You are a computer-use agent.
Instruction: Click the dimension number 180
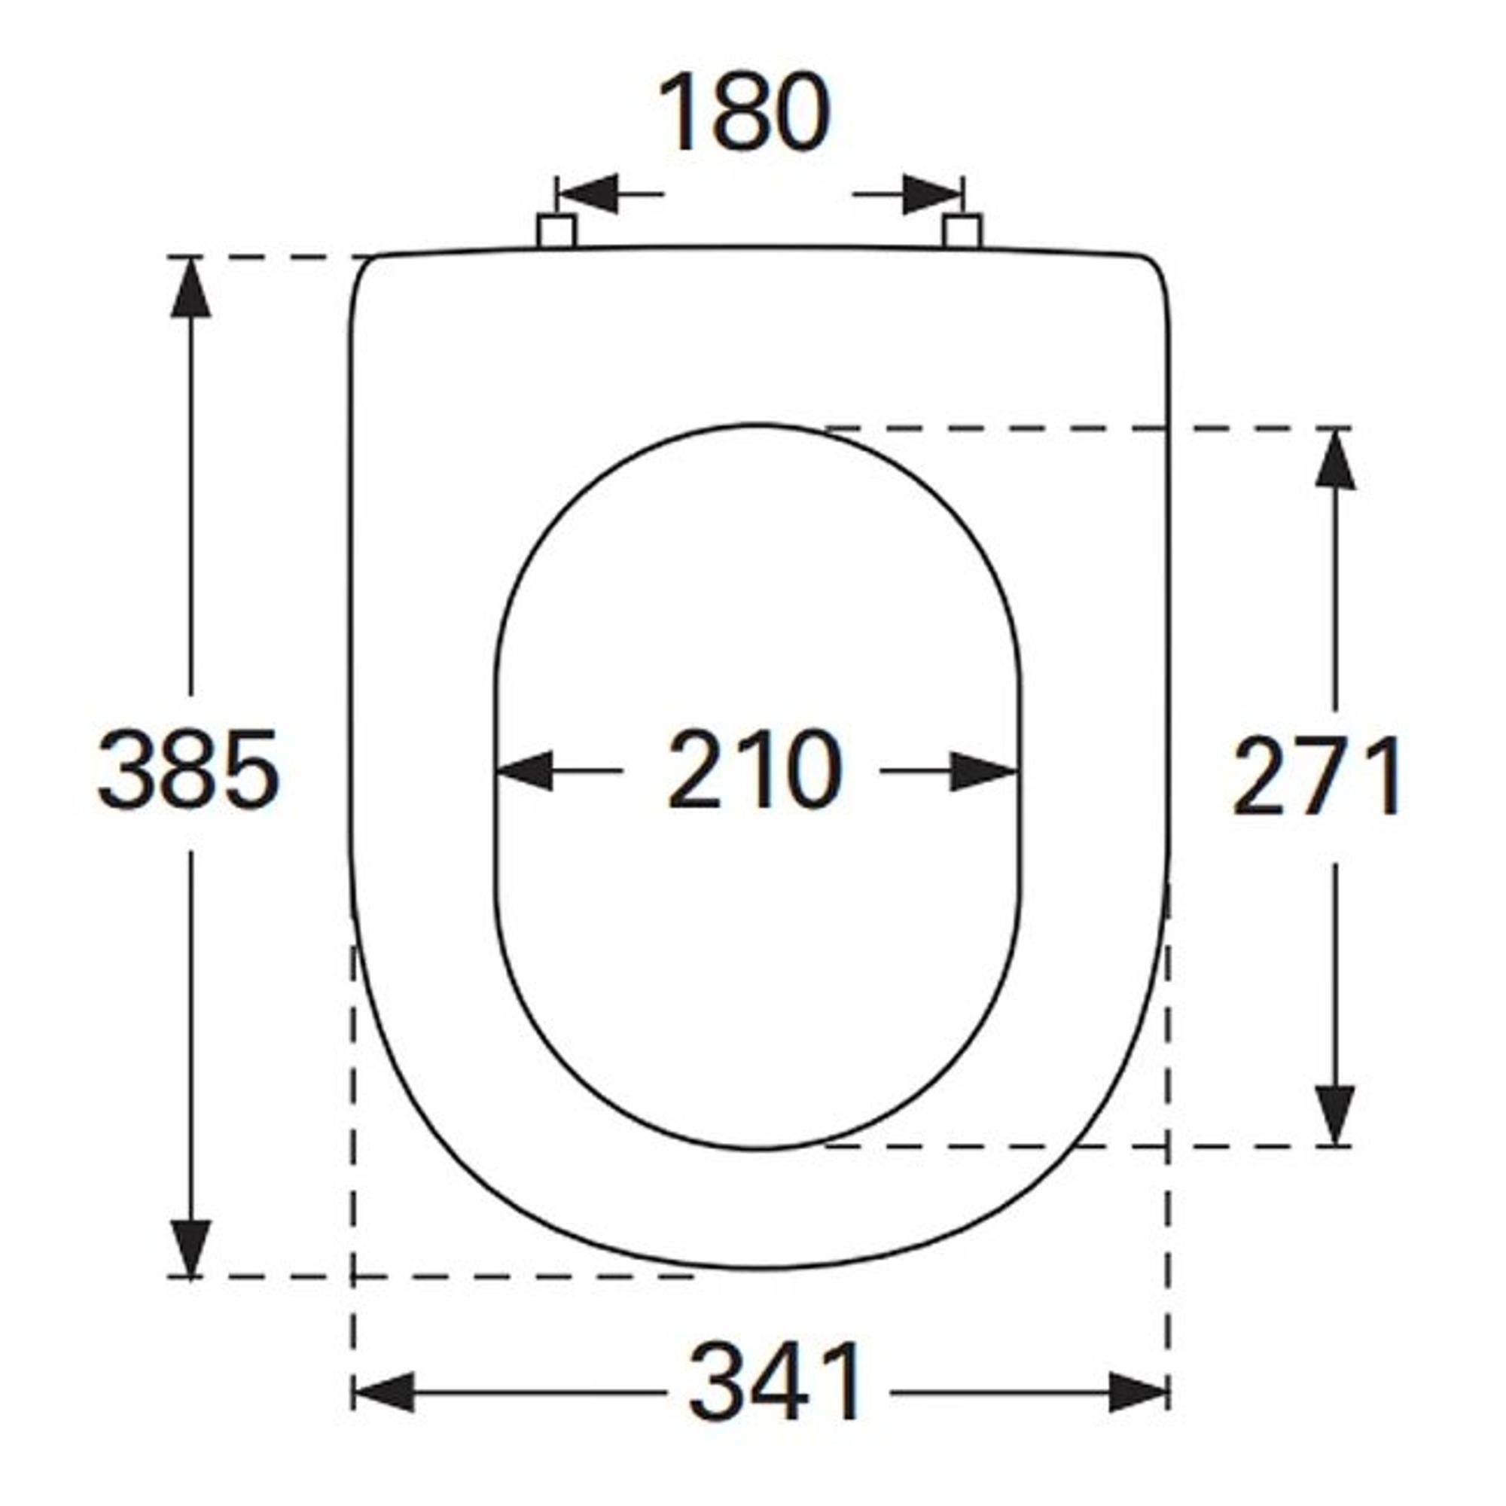point(745,112)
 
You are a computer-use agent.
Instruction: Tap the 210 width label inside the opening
point(755,770)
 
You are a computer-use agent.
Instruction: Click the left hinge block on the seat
point(556,230)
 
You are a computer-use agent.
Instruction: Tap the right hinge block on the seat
point(962,230)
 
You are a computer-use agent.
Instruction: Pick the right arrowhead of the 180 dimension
point(932,194)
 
